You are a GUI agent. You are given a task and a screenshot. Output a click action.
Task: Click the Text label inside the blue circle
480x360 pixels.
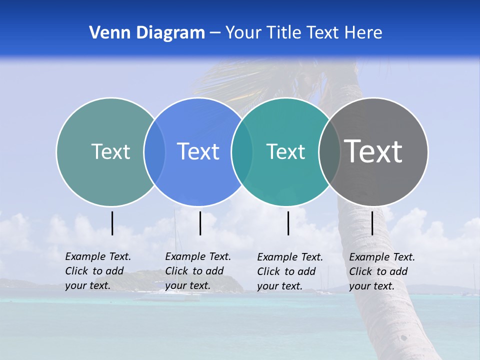coord(198,151)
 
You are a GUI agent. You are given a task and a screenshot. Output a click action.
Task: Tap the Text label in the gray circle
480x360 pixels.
coord(373,151)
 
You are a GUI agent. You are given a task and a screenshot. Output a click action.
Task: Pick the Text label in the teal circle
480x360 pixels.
coord(285,151)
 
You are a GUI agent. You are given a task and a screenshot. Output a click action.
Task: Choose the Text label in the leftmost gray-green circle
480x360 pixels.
coord(110,151)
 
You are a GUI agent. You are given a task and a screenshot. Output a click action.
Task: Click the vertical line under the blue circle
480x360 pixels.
coord(200,223)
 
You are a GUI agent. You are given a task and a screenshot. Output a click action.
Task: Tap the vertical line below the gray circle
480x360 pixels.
coord(372,223)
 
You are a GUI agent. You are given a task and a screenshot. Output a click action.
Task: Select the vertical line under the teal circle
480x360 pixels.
coord(288,223)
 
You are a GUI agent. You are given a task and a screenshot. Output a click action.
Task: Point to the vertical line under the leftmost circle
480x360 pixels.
coord(112,223)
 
